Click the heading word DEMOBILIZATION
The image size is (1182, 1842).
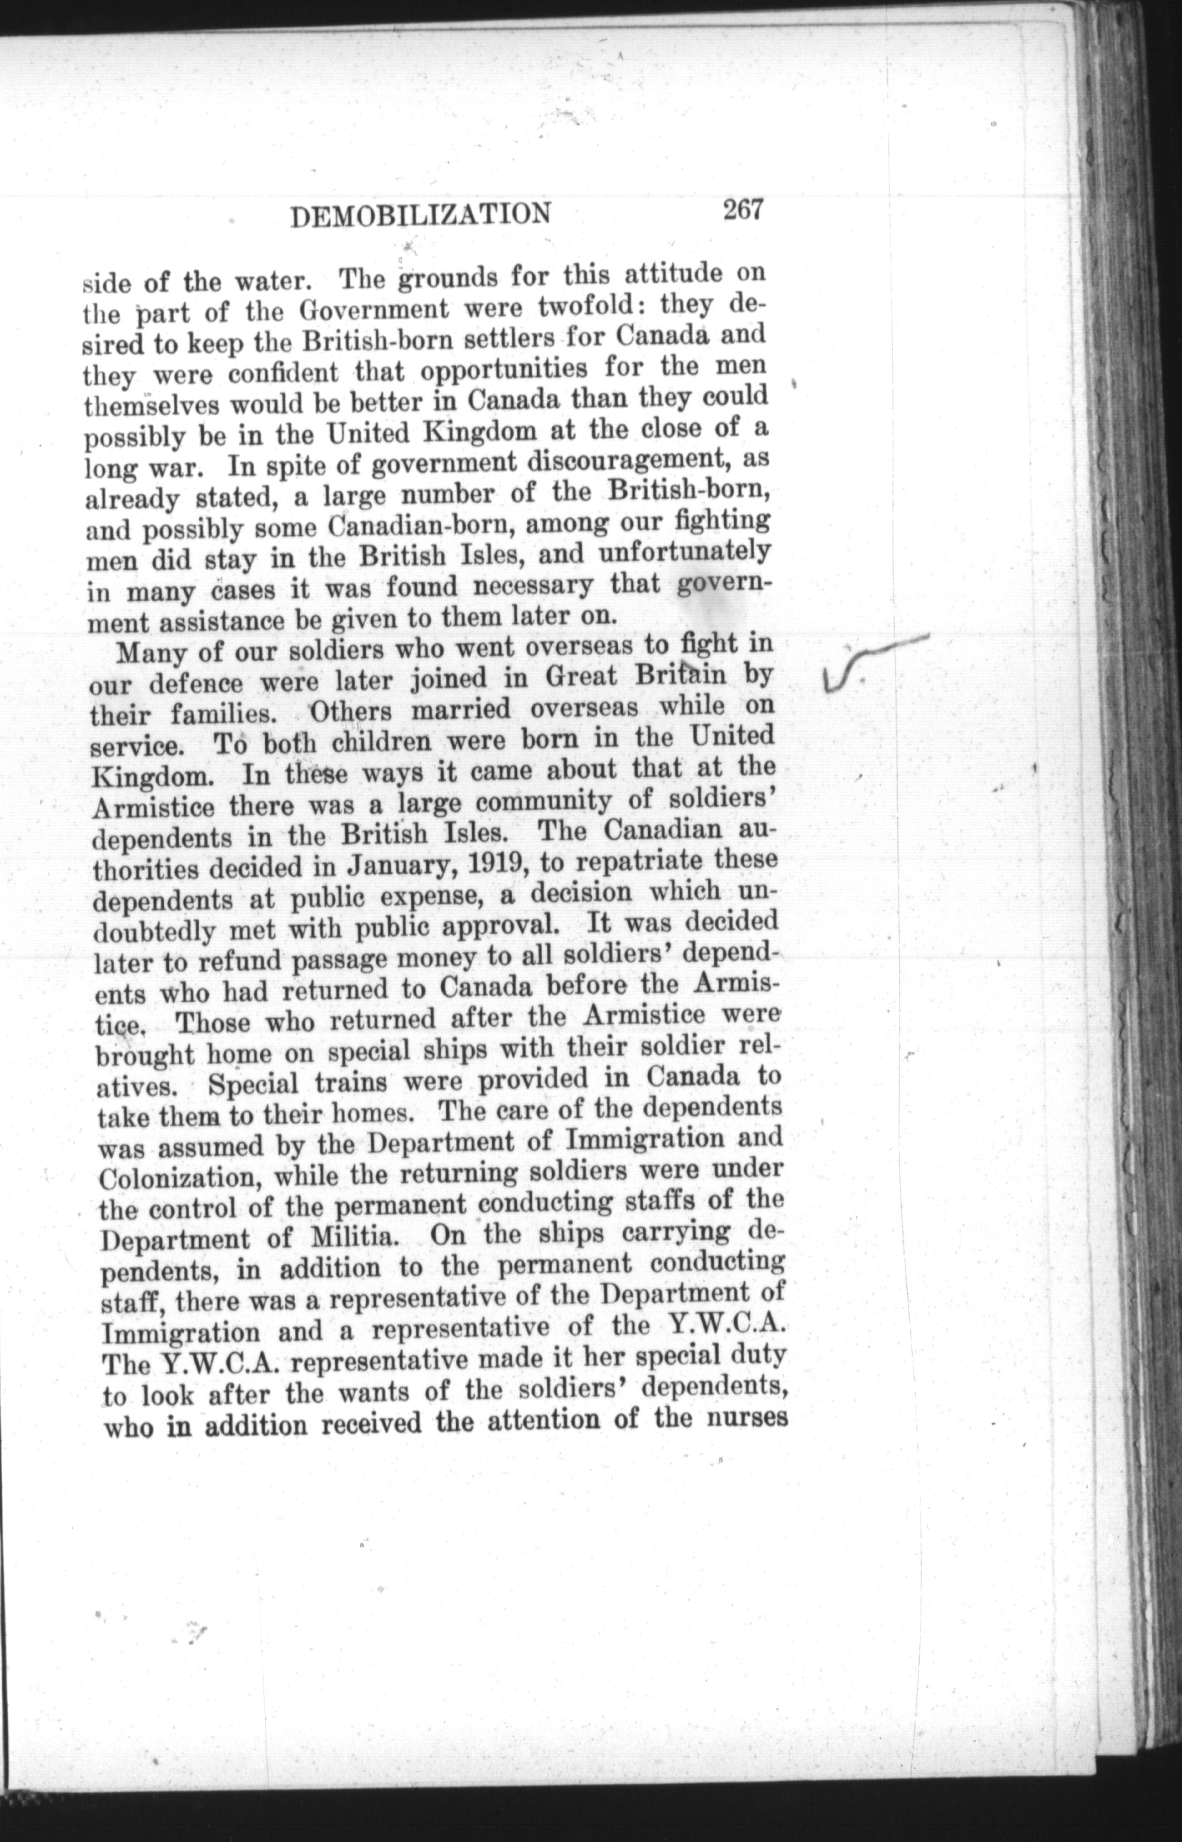[421, 216]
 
